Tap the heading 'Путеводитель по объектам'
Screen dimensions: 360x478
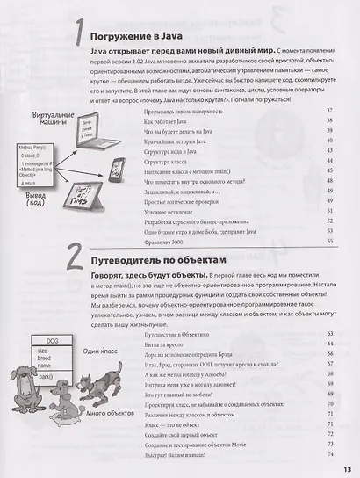coord(173,261)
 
